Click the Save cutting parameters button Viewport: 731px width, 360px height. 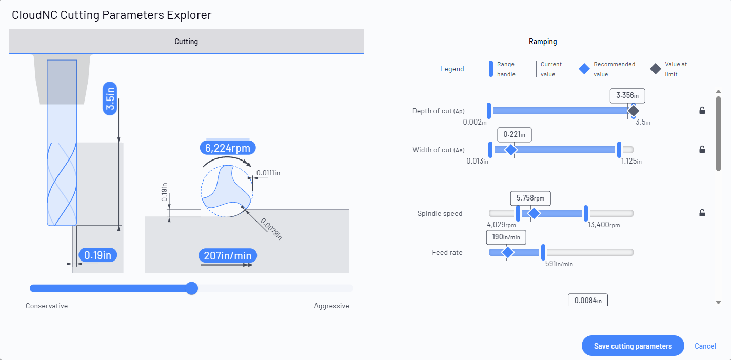click(x=633, y=346)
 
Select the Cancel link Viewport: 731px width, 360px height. click(x=705, y=346)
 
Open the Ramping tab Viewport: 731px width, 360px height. click(x=543, y=42)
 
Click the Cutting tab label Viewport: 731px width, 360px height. click(x=186, y=42)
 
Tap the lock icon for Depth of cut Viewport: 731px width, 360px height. click(x=702, y=110)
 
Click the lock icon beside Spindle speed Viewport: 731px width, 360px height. click(x=702, y=213)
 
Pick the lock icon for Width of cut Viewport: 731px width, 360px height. click(x=702, y=149)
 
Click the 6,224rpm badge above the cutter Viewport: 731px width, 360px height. click(x=228, y=148)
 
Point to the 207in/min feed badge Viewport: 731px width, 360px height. click(x=228, y=255)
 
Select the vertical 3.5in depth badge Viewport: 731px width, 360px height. click(x=110, y=98)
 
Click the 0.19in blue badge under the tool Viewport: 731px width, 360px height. click(x=98, y=255)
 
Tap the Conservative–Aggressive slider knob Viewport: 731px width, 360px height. click(x=192, y=288)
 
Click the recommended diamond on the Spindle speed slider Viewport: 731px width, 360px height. click(x=534, y=213)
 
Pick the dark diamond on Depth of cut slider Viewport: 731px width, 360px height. click(x=633, y=111)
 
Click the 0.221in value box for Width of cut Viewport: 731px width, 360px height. click(x=515, y=134)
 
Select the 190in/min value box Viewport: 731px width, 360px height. click(x=506, y=237)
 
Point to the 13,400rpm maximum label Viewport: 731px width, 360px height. click(x=604, y=225)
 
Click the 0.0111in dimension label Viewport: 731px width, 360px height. click(x=268, y=173)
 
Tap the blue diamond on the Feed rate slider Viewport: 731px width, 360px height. click(x=507, y=252)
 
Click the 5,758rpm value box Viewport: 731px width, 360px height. click(x=530, y=198)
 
